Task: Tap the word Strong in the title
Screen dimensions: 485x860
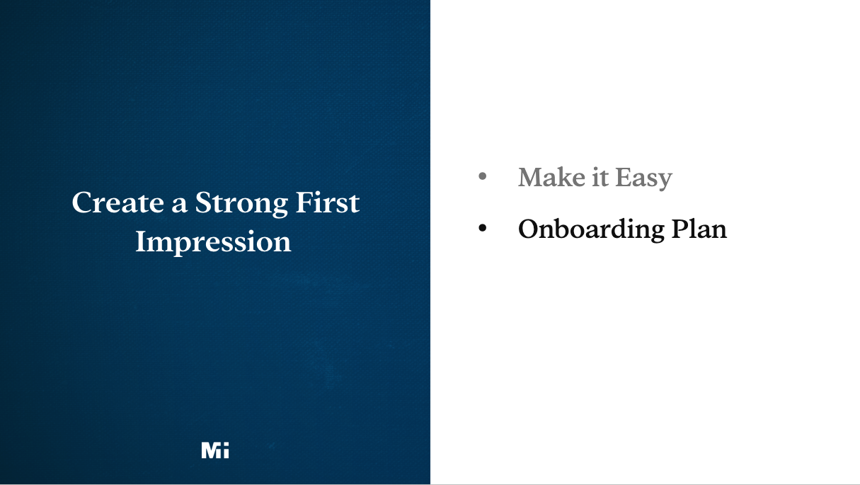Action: click(241, 204)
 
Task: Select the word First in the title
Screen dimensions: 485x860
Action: click(328, 202)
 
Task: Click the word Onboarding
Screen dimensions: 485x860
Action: click(591, 229)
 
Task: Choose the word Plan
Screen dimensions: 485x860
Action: click(699, 229)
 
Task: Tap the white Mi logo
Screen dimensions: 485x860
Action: click(215, 450)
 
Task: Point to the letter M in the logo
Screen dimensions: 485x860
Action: click(210, 450)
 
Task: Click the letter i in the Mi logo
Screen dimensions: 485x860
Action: click(225, 450)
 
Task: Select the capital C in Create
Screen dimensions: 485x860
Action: click(82, 202)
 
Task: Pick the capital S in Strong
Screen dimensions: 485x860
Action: click(203, 202)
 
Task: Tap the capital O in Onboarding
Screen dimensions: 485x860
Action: click(529, 229)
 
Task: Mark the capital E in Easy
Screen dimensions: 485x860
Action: click(622, 177)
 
